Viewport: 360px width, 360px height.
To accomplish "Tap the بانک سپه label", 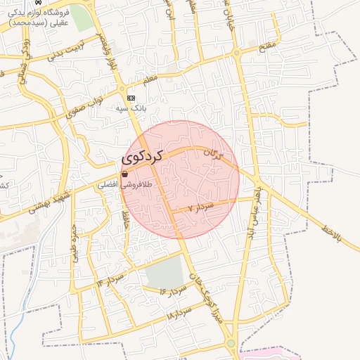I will pos(132,109).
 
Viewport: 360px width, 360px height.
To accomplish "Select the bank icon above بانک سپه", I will pos(131,98).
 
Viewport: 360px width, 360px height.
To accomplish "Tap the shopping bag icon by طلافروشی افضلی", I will pos(124,174).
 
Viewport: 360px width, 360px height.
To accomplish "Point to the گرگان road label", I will pos(212,154).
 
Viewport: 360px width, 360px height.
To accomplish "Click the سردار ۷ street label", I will pos(201,207).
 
